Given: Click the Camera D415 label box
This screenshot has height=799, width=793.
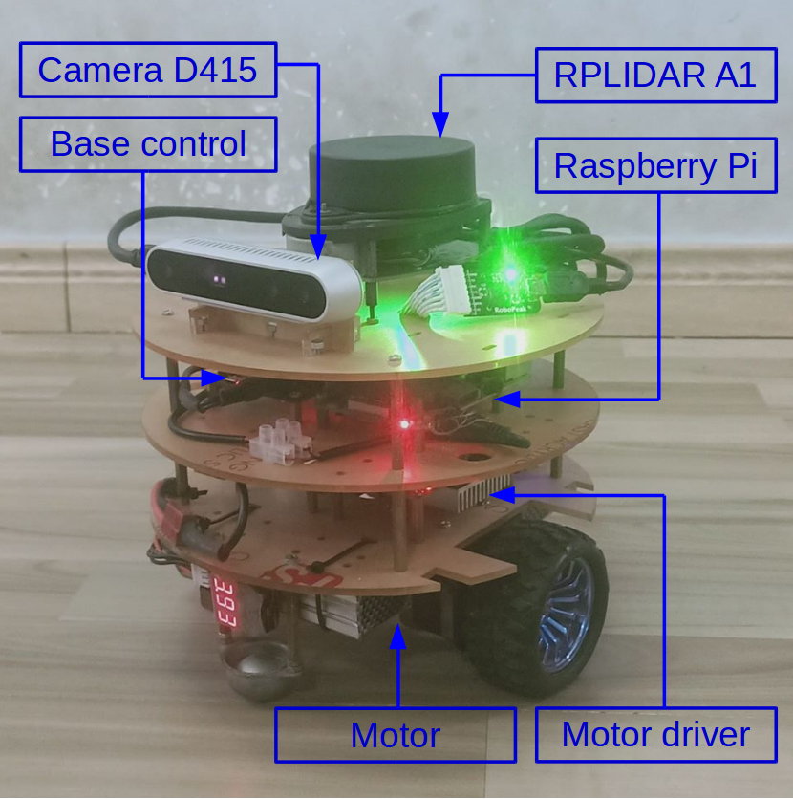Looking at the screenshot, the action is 147,70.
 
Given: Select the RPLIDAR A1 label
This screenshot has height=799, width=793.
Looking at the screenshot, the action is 655,75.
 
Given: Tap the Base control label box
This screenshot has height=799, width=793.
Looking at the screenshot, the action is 147,144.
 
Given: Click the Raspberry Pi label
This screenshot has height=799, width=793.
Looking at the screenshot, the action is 655,165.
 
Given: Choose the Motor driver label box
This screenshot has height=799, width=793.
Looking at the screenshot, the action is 655,735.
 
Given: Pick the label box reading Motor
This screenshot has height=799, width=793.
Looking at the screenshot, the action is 395,735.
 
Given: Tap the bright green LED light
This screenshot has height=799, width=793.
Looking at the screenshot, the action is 511,271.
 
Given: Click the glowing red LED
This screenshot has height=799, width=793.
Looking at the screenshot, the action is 405,423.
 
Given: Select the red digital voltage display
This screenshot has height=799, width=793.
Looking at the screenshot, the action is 225,605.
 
